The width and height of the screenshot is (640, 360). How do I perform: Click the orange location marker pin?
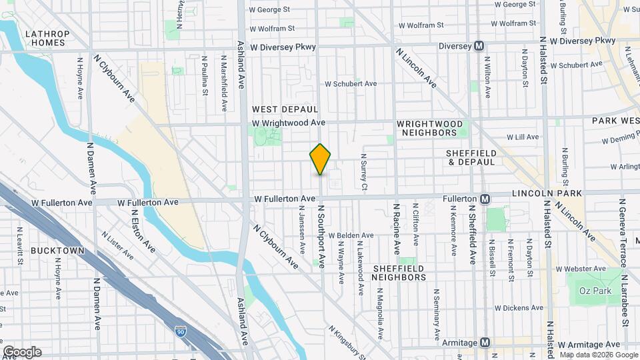click(x=320, y=159)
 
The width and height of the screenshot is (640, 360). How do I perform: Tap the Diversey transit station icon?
click(x=478, y=46)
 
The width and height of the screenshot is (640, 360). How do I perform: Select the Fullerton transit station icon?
click(x=485, y=199)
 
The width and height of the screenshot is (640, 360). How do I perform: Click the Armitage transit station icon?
click(x=485, y=343)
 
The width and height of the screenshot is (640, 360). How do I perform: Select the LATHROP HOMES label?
click(x=45, y=38)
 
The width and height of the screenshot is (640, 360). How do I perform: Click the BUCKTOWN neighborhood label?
click(x=57, y=251)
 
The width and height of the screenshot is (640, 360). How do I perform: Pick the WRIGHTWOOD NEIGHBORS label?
click(x=427, y=128)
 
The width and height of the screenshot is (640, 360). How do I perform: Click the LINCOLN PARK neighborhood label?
click(x=547, y=193)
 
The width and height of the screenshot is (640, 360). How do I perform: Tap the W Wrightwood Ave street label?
click(x=289, y=123)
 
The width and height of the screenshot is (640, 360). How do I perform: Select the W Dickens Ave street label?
click(x=519, y=308)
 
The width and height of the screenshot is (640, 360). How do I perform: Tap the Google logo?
click(x=22, y=352)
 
